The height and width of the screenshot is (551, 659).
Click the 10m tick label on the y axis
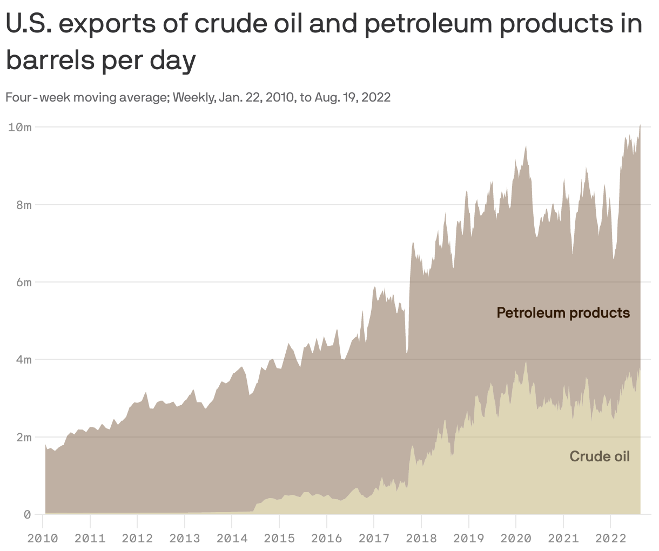click(x=20, y=127)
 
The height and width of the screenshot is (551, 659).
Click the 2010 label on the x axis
click(x=43, y=538)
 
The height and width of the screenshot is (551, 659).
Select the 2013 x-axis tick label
click(x=185, y=538)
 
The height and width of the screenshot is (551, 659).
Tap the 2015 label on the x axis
click(x=279, y=538)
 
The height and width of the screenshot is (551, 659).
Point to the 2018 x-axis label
click(x=421, y=538)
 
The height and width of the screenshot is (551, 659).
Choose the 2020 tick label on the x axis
click(x=516, y=538)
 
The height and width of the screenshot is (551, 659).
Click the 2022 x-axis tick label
click(x=610, y=538)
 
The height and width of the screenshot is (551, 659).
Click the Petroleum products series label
click(x=563, y=313)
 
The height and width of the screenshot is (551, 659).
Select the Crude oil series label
click(x=600, y=456)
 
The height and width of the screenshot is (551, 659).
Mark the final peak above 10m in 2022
click(x=640, y=125)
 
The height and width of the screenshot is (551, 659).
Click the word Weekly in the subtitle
click(x=194, y=98)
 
